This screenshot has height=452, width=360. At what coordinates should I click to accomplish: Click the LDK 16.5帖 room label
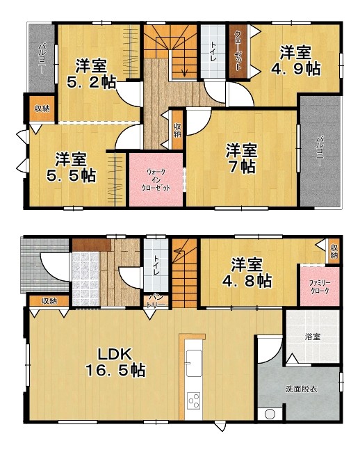[116, 362]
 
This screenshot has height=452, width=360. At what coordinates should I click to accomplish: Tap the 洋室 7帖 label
[241, 159]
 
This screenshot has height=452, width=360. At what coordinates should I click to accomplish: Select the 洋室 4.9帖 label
[296, 60]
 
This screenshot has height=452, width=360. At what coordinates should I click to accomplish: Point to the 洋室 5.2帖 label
[91, 74]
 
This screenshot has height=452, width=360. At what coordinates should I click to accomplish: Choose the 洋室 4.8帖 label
[247, 273]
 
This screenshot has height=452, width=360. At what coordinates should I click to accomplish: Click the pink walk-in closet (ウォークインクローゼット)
[156, 180]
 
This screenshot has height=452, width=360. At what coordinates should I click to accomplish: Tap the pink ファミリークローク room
[320, 286]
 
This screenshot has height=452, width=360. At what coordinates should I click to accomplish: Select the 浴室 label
[313, 337]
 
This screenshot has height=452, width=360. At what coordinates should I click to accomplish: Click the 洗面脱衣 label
[302, 389]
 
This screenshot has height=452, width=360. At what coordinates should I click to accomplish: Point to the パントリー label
[156, 300]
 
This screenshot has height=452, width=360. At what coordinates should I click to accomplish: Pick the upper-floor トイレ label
[213, 51]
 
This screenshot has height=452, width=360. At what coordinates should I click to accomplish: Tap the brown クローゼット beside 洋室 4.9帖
[238, 51]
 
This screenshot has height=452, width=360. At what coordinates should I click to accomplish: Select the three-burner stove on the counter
[194, 401]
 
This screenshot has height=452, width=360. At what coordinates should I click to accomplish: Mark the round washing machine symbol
[270, 414]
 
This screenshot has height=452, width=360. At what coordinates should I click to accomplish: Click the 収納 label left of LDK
[49, 301]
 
